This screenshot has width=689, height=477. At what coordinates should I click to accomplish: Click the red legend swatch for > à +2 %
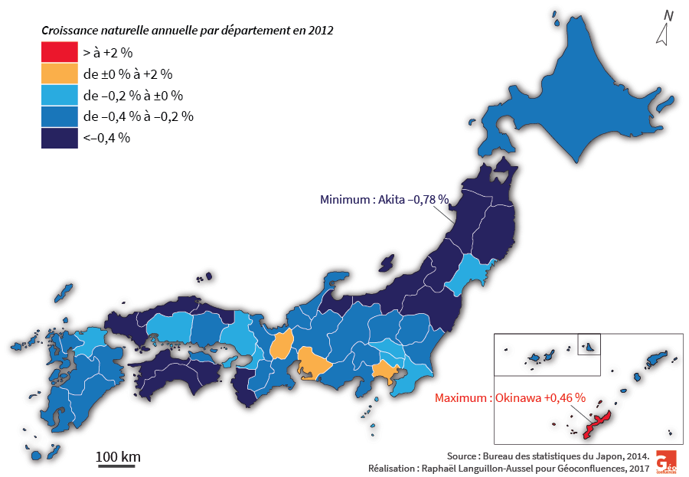click(59, 53)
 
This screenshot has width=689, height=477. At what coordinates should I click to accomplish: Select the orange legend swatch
click(59, 74)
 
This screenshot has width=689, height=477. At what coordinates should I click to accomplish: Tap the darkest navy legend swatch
click(59, 138)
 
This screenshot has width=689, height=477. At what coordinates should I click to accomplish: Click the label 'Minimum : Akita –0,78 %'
click(384, 200)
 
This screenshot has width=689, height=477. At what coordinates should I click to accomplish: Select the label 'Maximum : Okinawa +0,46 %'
click(510, 398)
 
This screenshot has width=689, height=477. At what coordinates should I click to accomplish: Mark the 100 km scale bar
click(117, 464)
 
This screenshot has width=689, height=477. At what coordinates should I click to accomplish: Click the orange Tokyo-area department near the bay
click(385, 373)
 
